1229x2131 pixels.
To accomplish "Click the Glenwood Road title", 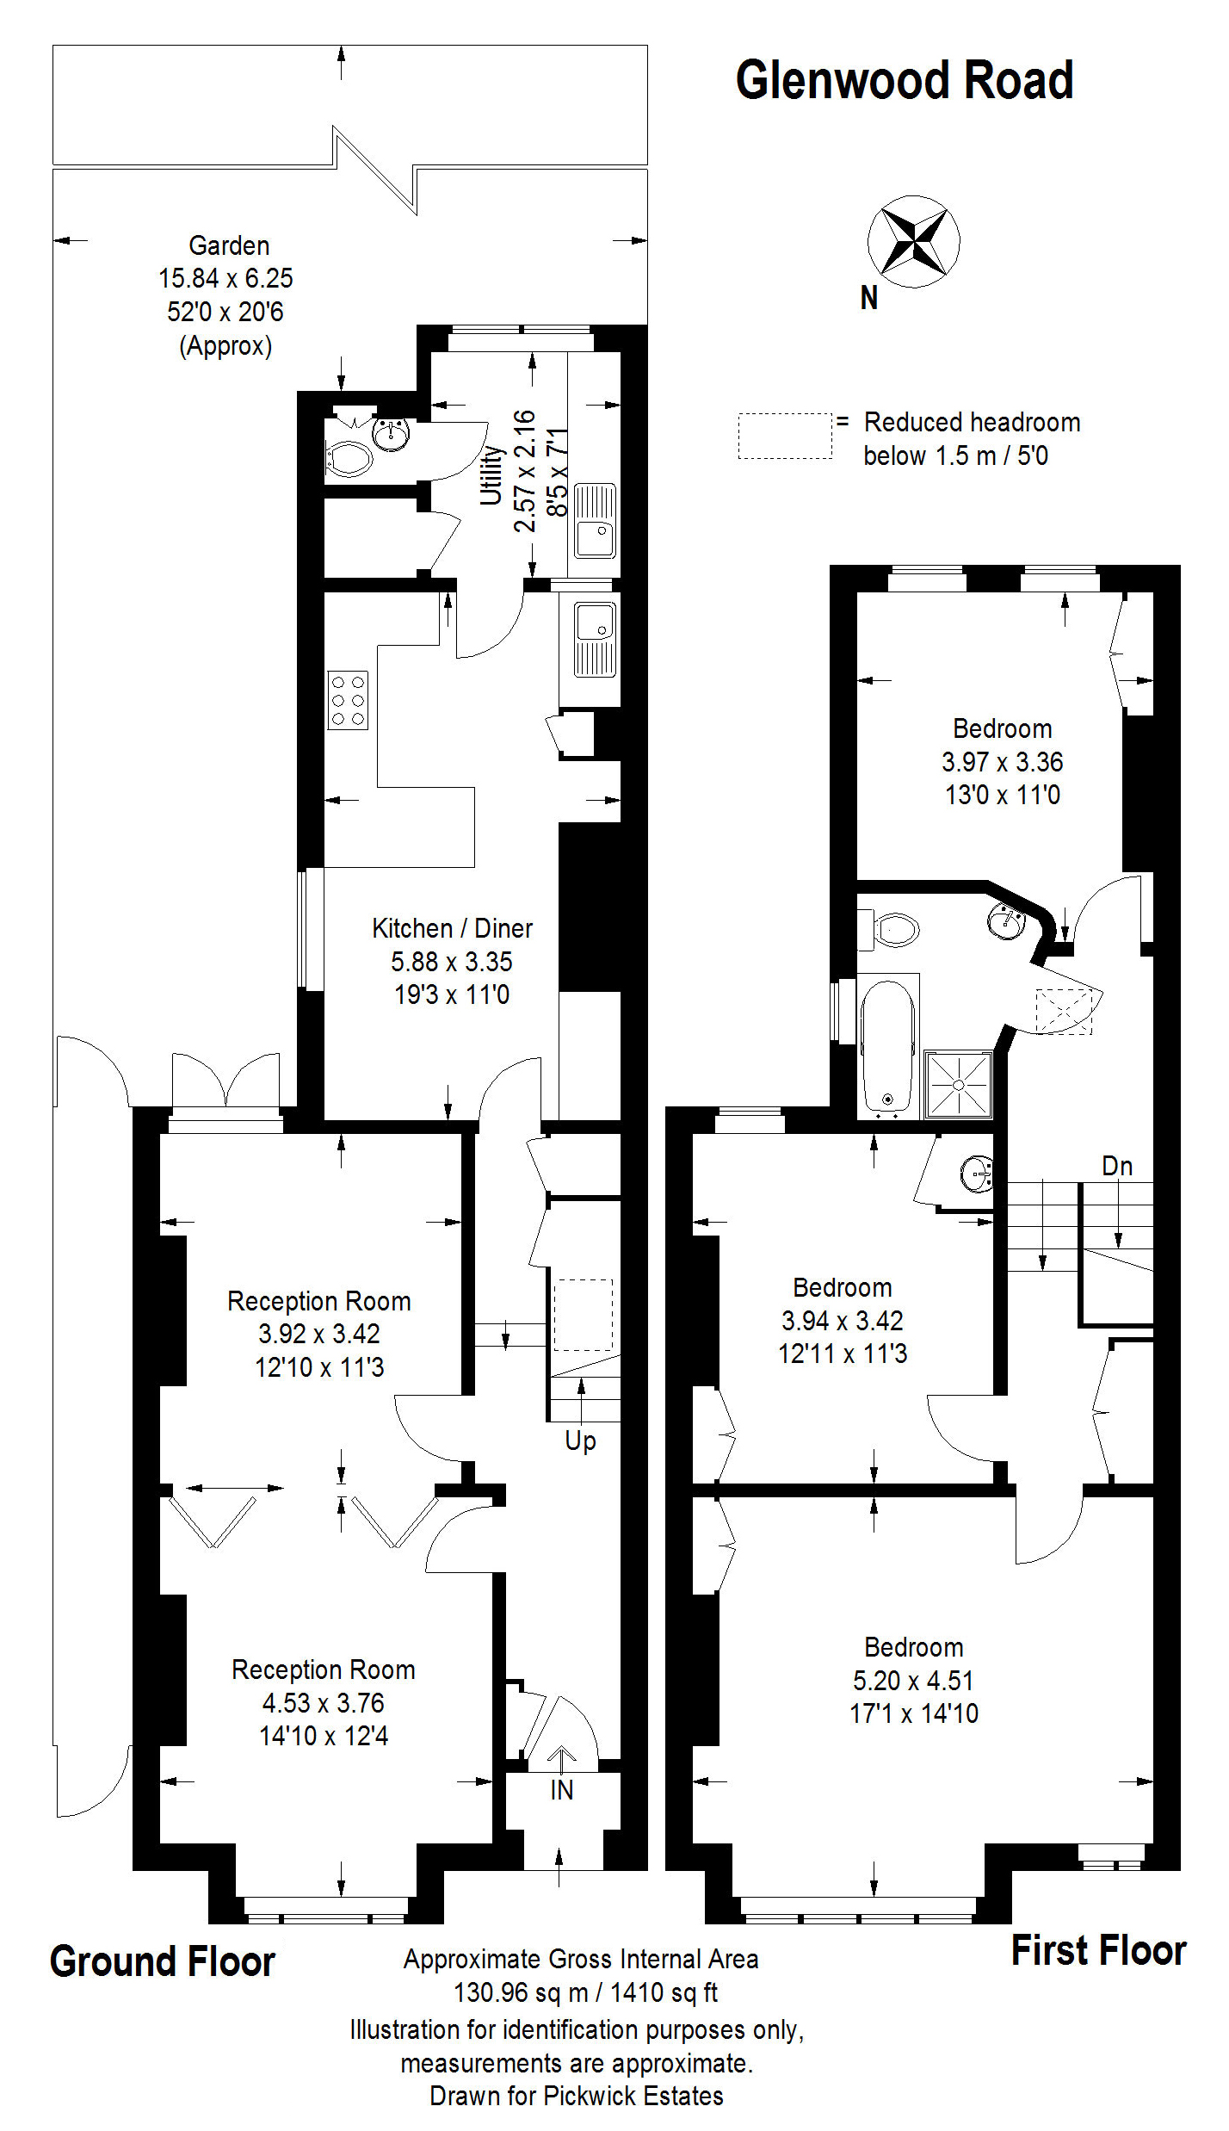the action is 904,80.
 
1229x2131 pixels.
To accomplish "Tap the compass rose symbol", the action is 913,242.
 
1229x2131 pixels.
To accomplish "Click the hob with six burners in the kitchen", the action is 348,700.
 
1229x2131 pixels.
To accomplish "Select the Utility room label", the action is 491,474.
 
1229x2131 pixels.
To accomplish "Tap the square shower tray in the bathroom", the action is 958,1085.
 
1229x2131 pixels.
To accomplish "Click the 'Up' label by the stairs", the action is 580,1440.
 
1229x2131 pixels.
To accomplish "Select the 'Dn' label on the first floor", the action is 1117,1166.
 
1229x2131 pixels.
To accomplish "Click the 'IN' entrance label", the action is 561,1790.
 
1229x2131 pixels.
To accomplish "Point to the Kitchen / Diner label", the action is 452,928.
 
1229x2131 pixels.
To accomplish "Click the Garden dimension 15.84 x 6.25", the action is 225,278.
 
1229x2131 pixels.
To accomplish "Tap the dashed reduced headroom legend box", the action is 785,436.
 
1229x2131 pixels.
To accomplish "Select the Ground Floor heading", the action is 162,1962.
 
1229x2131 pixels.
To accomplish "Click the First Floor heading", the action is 1098,1951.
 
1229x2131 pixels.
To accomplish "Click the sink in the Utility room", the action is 595,521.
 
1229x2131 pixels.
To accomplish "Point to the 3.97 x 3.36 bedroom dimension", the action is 1003,762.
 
